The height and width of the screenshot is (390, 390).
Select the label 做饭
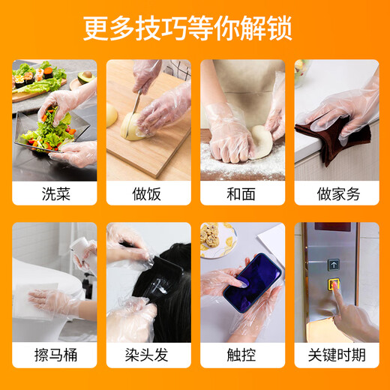click(x=148, y=194)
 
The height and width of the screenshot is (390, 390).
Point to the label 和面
click(x=241, y=194)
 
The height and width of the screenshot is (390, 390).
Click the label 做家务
click(x=336, y=194)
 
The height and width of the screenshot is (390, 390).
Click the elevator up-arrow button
click(x=333, y=265)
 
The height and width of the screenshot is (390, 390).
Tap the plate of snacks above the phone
click(x=214, y=238)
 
